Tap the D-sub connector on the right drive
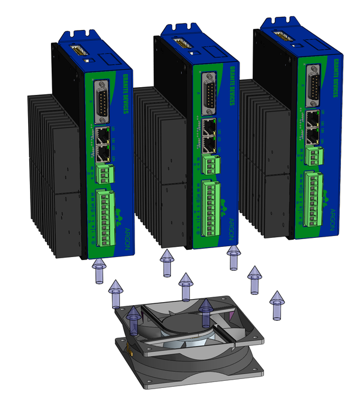tap(313, 88)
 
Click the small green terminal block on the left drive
tap(104, 174)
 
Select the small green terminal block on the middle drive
tap(209, 163)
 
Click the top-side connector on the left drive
tap(78, 52)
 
